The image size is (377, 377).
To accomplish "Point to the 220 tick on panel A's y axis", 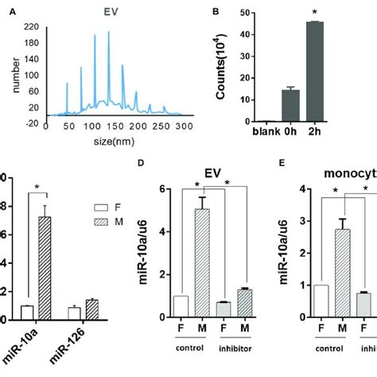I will pos(33,26).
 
